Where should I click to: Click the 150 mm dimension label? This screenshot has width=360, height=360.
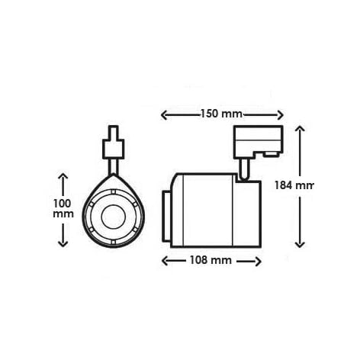[221, 114]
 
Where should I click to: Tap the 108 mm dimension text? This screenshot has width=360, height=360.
[211, 260]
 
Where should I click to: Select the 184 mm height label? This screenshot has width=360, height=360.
[294, 185]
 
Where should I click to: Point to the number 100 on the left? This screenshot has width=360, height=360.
[63, 204]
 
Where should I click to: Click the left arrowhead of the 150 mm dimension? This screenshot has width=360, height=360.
[164, 115]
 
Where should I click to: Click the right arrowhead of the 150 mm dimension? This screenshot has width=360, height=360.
[280, 115]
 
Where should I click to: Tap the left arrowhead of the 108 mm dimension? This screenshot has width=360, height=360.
[165, 261]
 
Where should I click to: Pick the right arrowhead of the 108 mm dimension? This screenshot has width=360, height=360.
[258, 261]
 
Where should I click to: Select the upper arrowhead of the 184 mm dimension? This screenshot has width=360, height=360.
[300, 128]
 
